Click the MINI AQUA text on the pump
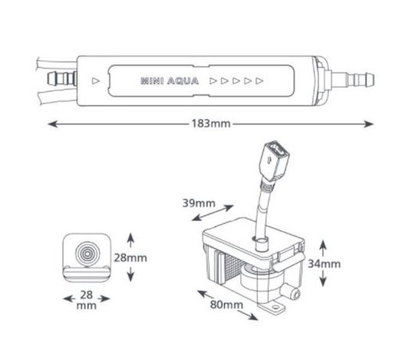tap(170, 81)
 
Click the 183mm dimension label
tap(211, 124)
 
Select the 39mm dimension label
tap(199, 203)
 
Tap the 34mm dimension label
tap(324, 264)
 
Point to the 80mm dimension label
tap(226, 305)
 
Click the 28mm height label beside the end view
tap(130, 258)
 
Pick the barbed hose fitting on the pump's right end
tap(352, 80)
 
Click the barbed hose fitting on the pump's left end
tap(62, 78)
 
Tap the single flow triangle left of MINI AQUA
tap(96, 81)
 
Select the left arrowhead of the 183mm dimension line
tap(52, 124)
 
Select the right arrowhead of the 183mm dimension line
tap(368, 124)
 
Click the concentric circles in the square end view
tap(87, 253)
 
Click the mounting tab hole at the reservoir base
tap(275, 307)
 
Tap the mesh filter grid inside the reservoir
tap(232, 269)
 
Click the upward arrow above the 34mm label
tap(323, 248)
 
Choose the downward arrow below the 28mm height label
tap(130, 274)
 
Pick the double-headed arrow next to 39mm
tap(213, 213)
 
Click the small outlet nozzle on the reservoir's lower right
tap(292, 292)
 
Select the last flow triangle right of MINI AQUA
tap(259, 81)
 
